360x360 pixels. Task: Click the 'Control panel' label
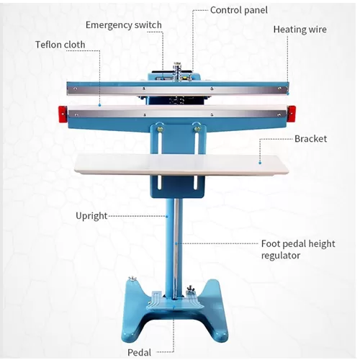pyautogui.click(x=239, y=10)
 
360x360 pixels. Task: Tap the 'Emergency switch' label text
pyautogui.click(x=124, y=25)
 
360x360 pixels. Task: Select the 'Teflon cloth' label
pyautogui.click(x=60, y=45)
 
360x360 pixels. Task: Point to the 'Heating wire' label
pyautogui.click(x=300, y=30)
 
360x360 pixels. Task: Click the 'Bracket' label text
pyautogui.click(x=310, y=139)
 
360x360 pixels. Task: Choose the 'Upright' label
pyautogui.click(x=91, y=216)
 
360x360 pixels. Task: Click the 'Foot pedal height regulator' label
pyautogui.click(x=298, y=249)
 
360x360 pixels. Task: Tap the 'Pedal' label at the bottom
pyautogui.click(x=139, y=352)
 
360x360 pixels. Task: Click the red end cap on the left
pyautogui.click(x=63, y=113)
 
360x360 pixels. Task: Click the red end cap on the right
pyautogui.click(x=292, y=112)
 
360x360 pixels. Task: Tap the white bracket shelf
pyautogui.click(x=181, y=164)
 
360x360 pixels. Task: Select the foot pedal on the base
pyautogui.click(x=175, y=300)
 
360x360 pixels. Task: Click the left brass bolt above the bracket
pyautogui.click(x=160, y=129)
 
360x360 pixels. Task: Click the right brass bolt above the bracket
pyautogui.click(x=197, y=129)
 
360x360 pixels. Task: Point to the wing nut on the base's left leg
pyautogui.click(x=132, y=279)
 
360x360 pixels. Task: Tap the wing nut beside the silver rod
pyautogui.click(x=191, y=289)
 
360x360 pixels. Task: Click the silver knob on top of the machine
pyautogui.click(x=177, y=71)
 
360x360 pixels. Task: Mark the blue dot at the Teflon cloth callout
pyautogui.click(x=99, y=105)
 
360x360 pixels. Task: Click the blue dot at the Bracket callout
pyautogui.click(x=260, y=163)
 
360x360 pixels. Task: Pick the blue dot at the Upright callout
pyautogui.click(x=167, y=216)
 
